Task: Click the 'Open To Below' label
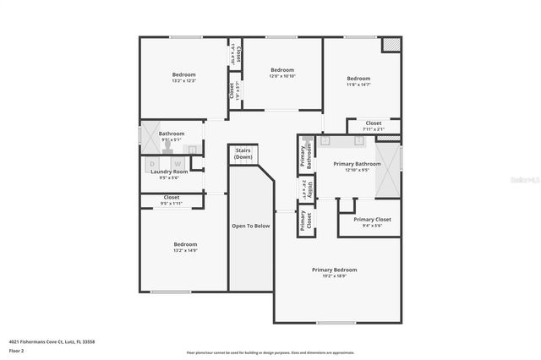[x=250, y=226]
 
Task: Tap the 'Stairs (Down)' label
[x=243, y=153]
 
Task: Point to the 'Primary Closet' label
[x=372, y=220]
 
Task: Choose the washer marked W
[x=178, y=163]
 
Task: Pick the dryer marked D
[x=153, y=163]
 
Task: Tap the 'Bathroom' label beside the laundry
[x=171, y=134]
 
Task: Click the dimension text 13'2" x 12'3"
[x=183, y=81]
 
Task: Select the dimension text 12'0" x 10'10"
[x=282, y=76]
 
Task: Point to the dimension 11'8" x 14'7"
[x=358, y=85]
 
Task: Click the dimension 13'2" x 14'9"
[x=184, y=250]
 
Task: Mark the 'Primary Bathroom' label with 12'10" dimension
[x=357, y=164]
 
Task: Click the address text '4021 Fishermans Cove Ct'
[x=41, y=341]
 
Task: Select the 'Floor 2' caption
[x=17, y=350]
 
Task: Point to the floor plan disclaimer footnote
[x=270, y=352]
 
